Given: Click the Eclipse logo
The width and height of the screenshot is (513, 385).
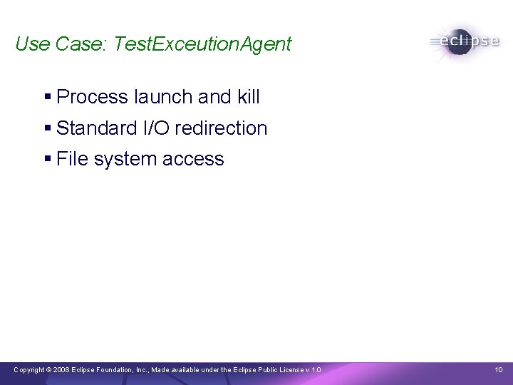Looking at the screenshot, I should point(465,41).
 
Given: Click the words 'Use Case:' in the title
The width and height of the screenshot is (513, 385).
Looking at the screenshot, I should point(59,44).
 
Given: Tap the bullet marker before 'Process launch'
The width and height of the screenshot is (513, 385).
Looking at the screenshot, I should point(48,97).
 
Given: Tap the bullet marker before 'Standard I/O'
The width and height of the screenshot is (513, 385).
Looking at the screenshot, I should point(48,128).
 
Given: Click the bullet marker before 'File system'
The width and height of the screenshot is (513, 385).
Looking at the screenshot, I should point(48,160).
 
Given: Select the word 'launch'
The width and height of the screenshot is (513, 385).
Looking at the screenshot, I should point(166,97).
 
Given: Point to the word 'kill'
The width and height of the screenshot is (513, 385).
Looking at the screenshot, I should point(249,97).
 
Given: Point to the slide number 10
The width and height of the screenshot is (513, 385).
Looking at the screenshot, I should point(498,369).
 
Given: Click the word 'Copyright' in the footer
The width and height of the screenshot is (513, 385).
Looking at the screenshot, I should point(29,369).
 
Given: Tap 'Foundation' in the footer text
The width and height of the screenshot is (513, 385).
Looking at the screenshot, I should point(113,369).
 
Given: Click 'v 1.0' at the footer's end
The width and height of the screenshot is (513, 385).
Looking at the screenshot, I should point(313,369).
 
